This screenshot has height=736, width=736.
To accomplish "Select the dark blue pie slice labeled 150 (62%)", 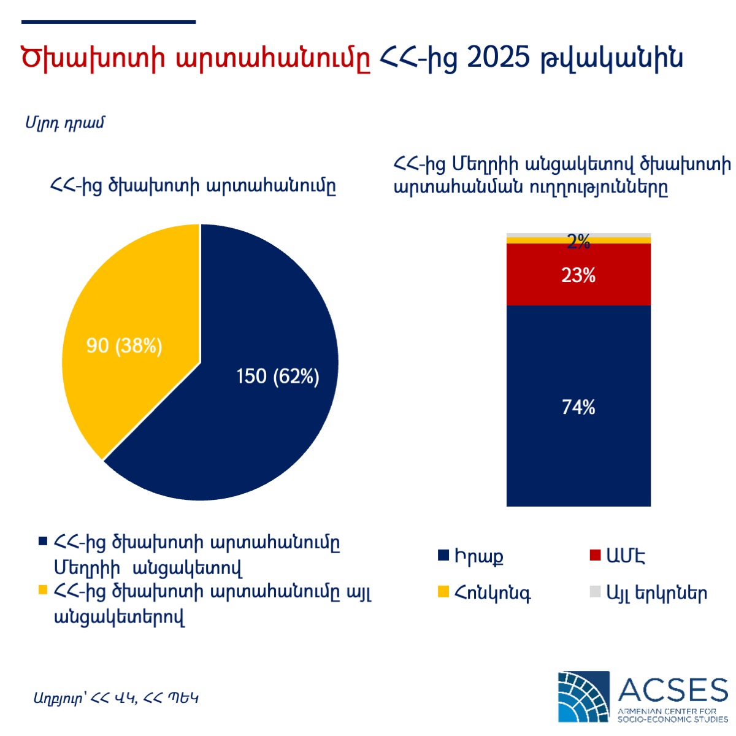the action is tap(245, 401).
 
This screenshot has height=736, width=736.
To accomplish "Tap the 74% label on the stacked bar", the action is tap(578, 407).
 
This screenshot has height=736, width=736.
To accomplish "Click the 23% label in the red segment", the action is tap(578, 275).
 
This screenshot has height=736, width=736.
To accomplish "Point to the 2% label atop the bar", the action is tap(578, 242).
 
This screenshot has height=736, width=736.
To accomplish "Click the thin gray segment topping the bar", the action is tap(578, 235).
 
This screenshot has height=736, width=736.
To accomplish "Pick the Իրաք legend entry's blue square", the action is tap(443, 555).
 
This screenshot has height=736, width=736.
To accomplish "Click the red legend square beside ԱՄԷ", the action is tap(595, 555).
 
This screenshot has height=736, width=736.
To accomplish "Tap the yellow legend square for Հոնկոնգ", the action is tap(443, 592).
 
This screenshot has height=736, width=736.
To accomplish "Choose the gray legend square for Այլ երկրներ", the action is tap(595, 592).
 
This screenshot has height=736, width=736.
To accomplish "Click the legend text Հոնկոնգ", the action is tap(493, 593).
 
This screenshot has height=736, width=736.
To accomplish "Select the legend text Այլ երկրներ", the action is tap(656, 592).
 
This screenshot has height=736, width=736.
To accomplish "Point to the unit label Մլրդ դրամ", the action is tap(64, 123).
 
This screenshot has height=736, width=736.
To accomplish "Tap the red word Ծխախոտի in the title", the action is tap(93, 58).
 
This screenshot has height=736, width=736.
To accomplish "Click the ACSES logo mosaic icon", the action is tap(584, 697).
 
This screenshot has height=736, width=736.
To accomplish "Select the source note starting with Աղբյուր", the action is tap(116, 698).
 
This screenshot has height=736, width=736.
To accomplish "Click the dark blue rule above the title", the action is tap(109, 22).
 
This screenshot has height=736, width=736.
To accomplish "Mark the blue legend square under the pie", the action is tap(43, 541).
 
